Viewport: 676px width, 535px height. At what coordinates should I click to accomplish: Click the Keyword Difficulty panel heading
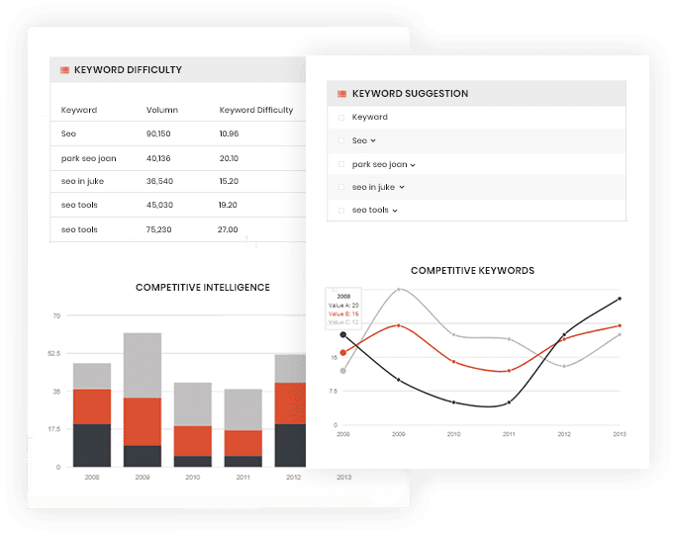[128, 70]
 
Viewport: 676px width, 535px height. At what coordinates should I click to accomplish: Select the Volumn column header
[162, 110]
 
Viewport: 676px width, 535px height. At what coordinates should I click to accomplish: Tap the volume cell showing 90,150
[158, 134]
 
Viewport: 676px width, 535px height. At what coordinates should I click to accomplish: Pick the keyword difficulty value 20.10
[229, 158]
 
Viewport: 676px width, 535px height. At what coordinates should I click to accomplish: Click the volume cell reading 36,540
[159, 182]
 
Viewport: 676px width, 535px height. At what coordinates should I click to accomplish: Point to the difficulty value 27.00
[228, 229]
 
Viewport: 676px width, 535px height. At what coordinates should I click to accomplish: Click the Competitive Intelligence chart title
[202, 288]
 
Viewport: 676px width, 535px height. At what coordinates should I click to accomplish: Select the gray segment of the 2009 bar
[143, 365]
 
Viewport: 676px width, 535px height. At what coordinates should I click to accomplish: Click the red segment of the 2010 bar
[192, 440]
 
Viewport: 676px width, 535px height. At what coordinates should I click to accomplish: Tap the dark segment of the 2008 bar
[92, 445]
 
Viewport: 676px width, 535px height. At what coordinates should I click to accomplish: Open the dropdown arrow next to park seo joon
[413, 165]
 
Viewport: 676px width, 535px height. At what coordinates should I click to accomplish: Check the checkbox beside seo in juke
[341, 187]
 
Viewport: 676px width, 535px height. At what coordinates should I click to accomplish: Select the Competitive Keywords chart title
[472, 270]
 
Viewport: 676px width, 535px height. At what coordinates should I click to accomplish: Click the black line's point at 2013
[620, 298]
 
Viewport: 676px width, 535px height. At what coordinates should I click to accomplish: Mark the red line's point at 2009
[399, 324]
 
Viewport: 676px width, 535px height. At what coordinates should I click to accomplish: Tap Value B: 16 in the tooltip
[343, 313]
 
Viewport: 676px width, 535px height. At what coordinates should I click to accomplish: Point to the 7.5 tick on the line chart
[334, 392]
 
